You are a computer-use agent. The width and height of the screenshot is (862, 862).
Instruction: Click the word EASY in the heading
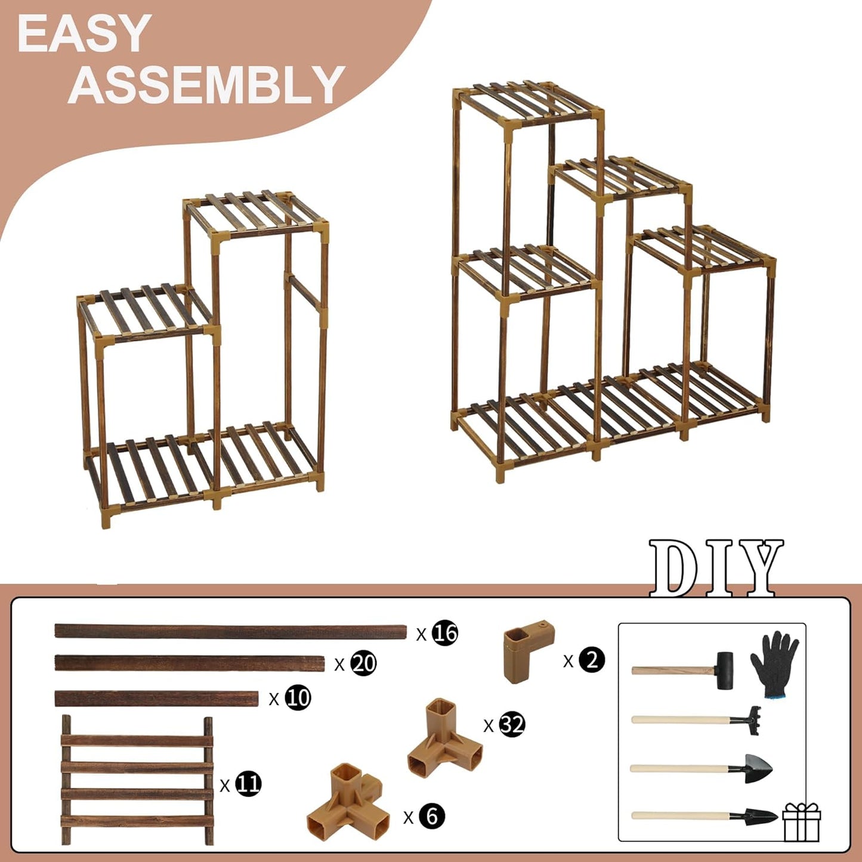[x=84, y=34]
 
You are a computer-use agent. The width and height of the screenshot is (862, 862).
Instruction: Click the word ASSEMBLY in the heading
[x=206, y=85]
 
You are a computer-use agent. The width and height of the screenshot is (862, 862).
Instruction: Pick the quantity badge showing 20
[x=363, y=663]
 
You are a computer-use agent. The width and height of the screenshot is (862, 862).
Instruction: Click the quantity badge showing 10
[x=298, y=697]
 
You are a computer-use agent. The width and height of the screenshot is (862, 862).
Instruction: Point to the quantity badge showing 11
[x=248, y=783]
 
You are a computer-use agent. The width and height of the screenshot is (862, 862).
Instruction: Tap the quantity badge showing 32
[x=512, y=724]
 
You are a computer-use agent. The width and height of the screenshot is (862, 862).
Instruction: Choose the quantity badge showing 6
[x=431, y=815]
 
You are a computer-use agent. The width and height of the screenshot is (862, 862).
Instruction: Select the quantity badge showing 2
[x=592, y=660]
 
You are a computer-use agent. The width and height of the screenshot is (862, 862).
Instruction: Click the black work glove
[x=774, y=663]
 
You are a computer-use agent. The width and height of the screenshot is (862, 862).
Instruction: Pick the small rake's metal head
[x=752, y=715]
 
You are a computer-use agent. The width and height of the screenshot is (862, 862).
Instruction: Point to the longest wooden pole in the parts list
[x=230, y=631]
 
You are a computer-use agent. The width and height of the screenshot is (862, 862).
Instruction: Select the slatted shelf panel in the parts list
[x=137, y=780]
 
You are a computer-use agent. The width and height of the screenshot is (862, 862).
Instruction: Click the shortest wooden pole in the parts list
[x=156, y=699]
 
